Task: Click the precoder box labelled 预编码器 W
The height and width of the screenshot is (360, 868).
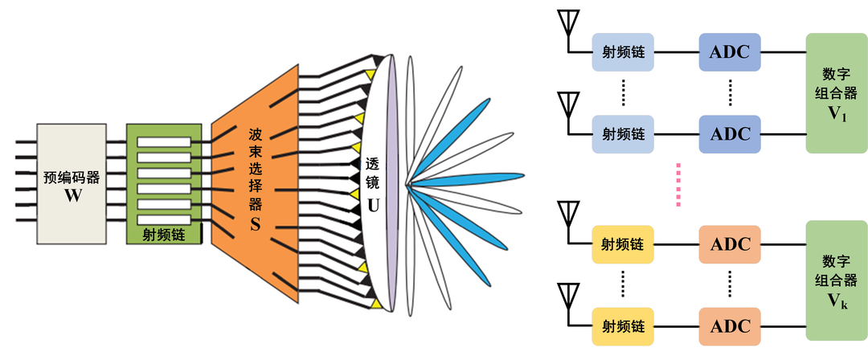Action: (x=72, y=184)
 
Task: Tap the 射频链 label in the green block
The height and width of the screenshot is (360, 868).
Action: (x=163, y=235)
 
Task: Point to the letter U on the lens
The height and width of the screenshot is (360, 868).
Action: (x=373, y=204)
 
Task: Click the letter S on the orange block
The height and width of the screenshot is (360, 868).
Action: (x=255, y=226)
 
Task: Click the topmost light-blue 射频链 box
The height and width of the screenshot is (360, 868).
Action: (x=624, y=53)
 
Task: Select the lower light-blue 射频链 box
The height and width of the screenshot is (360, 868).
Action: (x=624, y=133)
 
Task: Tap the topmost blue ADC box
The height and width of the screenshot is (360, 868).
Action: (x=730, y=53)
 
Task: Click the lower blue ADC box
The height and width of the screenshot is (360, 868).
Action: (x=730, y=133)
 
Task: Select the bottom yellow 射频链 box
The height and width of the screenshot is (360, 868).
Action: (x=624, y=326)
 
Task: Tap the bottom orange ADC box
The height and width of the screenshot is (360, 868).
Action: (x=730, y=326)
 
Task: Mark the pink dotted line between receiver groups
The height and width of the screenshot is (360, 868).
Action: (x=679, y=186)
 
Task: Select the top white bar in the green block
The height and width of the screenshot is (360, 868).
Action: (x=163, y=142)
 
